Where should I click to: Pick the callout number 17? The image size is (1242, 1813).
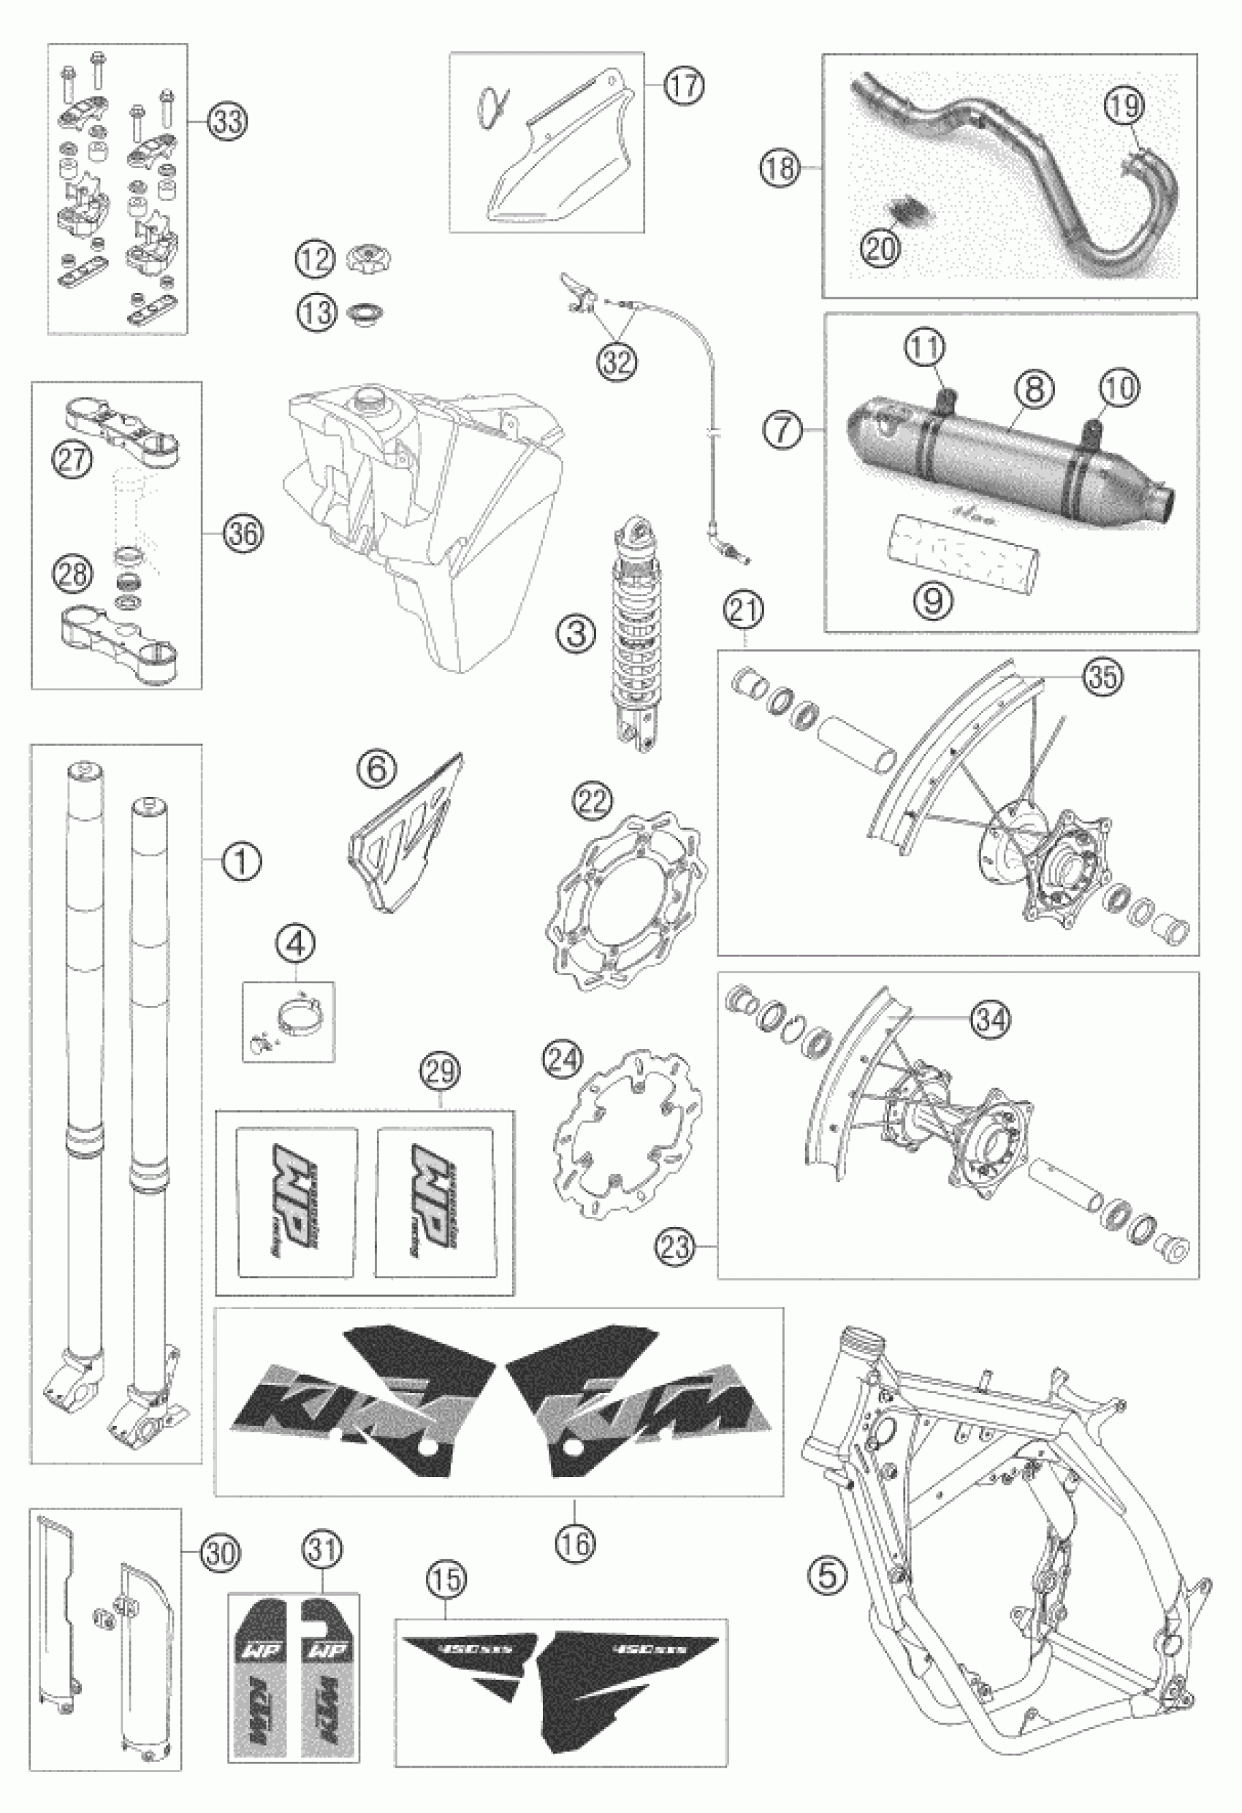(x=684, y=84)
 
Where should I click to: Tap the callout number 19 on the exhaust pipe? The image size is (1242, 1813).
(x=1124, y=106)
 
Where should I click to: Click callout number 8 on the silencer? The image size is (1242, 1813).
(x=1035, y=389)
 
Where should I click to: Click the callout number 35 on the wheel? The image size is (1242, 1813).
(x=1103, y=676)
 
